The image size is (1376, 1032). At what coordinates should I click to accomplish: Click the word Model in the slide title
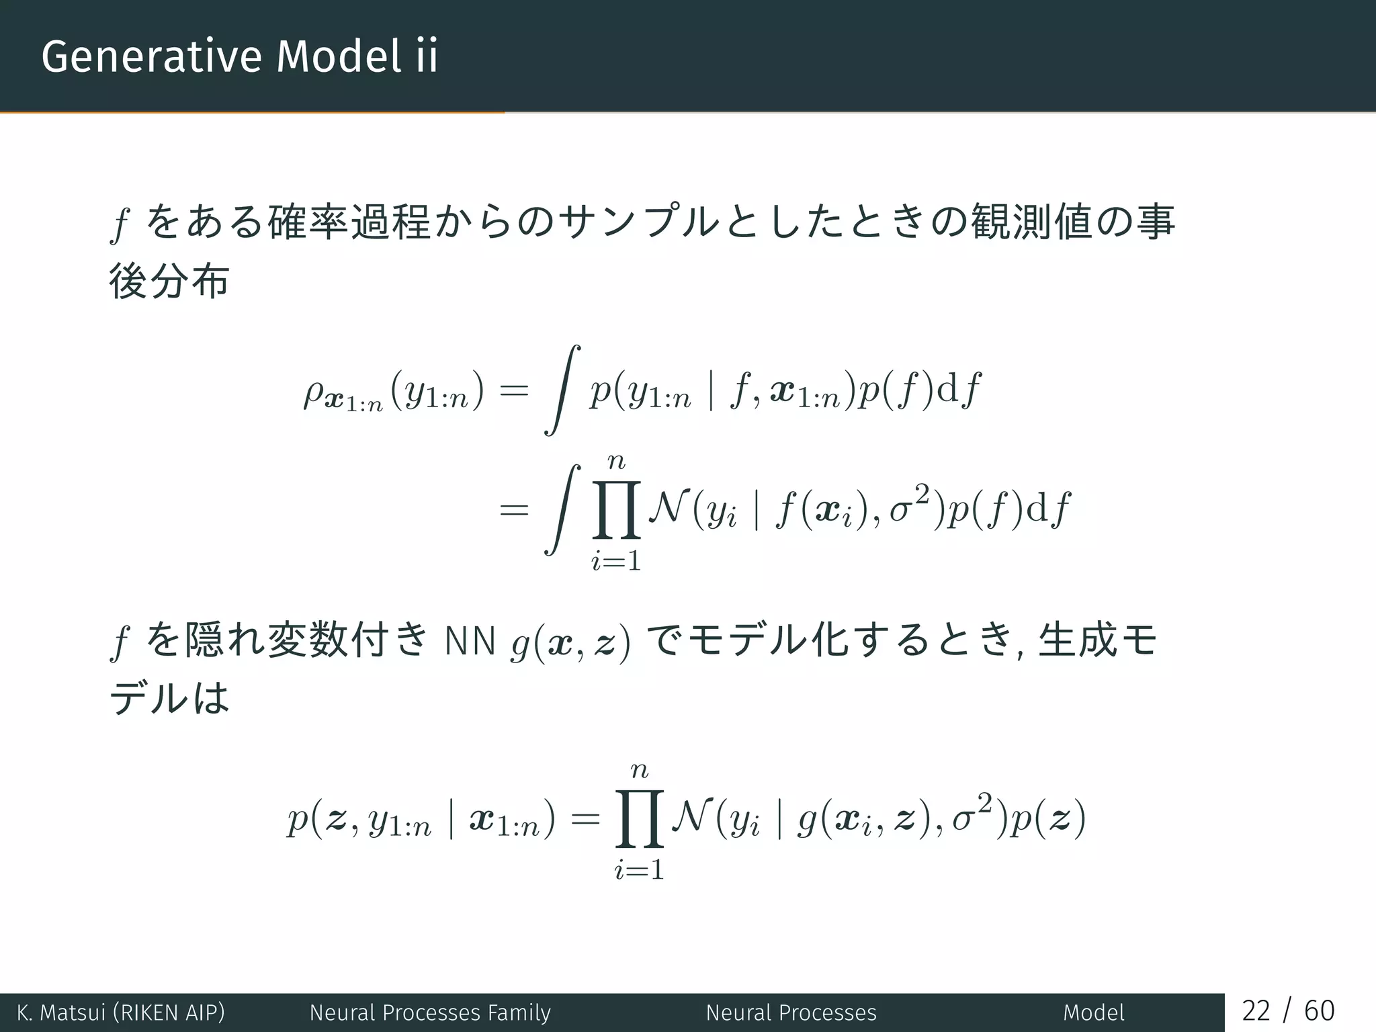[339, 56]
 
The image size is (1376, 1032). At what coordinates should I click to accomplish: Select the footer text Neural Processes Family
[430, 1012]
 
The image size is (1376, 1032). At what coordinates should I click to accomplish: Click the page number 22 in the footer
[1256, 1010]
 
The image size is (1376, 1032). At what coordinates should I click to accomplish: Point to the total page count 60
[1319, 1010]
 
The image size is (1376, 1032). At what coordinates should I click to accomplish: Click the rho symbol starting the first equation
[314, 394]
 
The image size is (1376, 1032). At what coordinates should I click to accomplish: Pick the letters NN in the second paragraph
[470, 641]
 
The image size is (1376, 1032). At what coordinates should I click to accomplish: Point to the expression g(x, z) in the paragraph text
[570, 642]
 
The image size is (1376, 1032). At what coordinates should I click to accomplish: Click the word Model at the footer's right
[1093, 1012]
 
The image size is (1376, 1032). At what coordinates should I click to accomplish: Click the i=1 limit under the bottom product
[639, 871]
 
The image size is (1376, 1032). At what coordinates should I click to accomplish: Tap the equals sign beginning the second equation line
[514, 511]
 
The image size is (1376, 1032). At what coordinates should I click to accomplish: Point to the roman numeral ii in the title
[426, 56]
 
